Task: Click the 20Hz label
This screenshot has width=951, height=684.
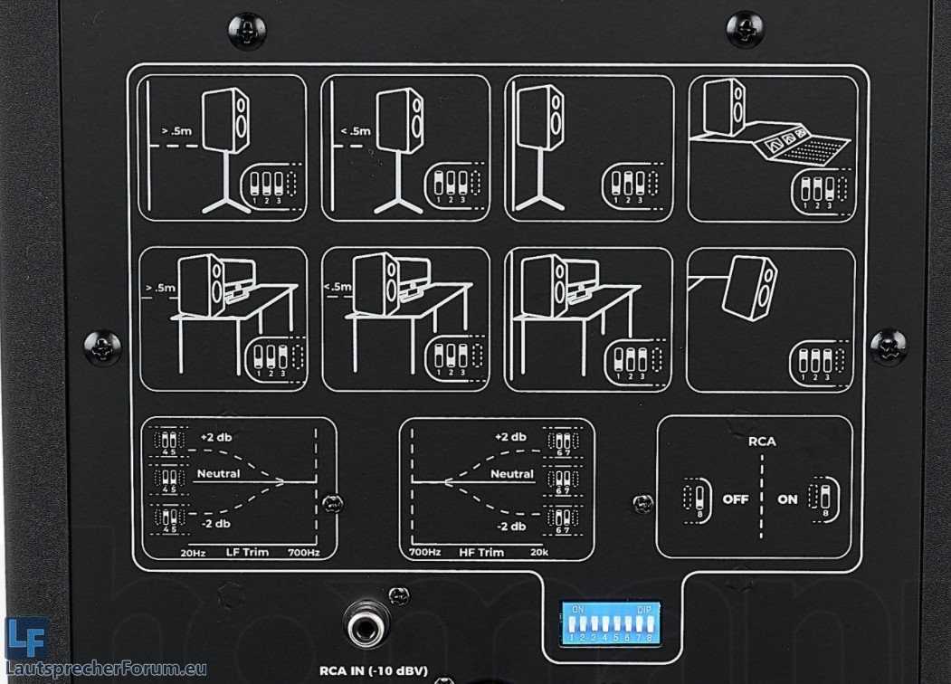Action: coord(194,552)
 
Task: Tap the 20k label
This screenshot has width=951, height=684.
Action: coord(541,552)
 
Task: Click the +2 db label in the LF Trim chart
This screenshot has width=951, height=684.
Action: coord(216,437)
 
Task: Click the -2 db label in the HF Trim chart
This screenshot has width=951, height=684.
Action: coord(511,527)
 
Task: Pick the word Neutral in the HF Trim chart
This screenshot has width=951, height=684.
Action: coord(512,473)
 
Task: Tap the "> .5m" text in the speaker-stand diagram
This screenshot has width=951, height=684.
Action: coord(176,130)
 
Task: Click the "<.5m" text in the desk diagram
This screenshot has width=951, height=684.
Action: coord(335,289)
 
